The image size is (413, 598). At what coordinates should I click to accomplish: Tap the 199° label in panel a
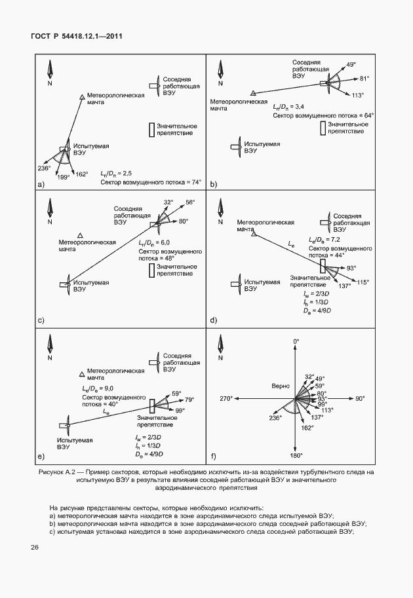click(63, 177)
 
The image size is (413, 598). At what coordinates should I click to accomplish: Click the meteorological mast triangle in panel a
click(82, 97)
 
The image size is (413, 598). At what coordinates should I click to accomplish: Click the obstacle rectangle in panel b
click(323, 128)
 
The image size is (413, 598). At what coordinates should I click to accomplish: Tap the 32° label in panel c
click(168, 202)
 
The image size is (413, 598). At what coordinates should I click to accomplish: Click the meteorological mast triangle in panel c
click(80, 234)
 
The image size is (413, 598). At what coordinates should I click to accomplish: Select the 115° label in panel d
click(363, 282)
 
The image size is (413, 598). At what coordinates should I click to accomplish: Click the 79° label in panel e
click(190, 400)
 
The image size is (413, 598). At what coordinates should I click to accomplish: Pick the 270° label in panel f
click(226, 398)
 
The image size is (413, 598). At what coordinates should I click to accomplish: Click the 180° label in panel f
click(296, 455)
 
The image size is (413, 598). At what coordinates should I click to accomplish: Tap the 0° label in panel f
click(296, 341)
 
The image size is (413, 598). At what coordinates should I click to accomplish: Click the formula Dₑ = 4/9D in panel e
click(149, 454)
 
